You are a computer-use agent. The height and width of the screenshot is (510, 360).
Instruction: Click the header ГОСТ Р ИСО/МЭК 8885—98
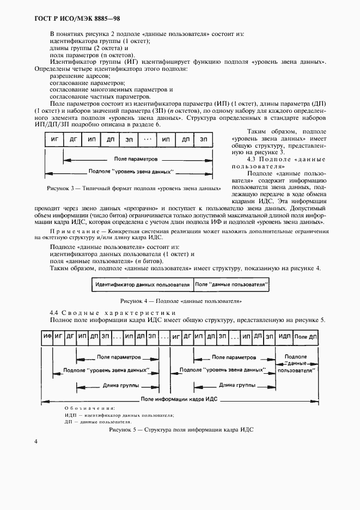tap(70, 18)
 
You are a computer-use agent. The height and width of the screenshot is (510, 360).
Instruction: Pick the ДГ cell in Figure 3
tap(73, 139)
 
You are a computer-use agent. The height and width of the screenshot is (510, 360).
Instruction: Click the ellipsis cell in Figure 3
tap(148, 139)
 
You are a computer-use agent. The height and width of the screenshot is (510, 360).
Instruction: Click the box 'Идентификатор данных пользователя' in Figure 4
tap(142, 284)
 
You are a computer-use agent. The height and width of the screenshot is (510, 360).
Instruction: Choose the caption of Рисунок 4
tap(181, 301)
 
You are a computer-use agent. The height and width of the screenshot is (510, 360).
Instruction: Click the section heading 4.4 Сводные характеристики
tap(113, 312)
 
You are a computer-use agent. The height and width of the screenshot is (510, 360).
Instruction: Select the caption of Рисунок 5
tap(181, 430)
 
